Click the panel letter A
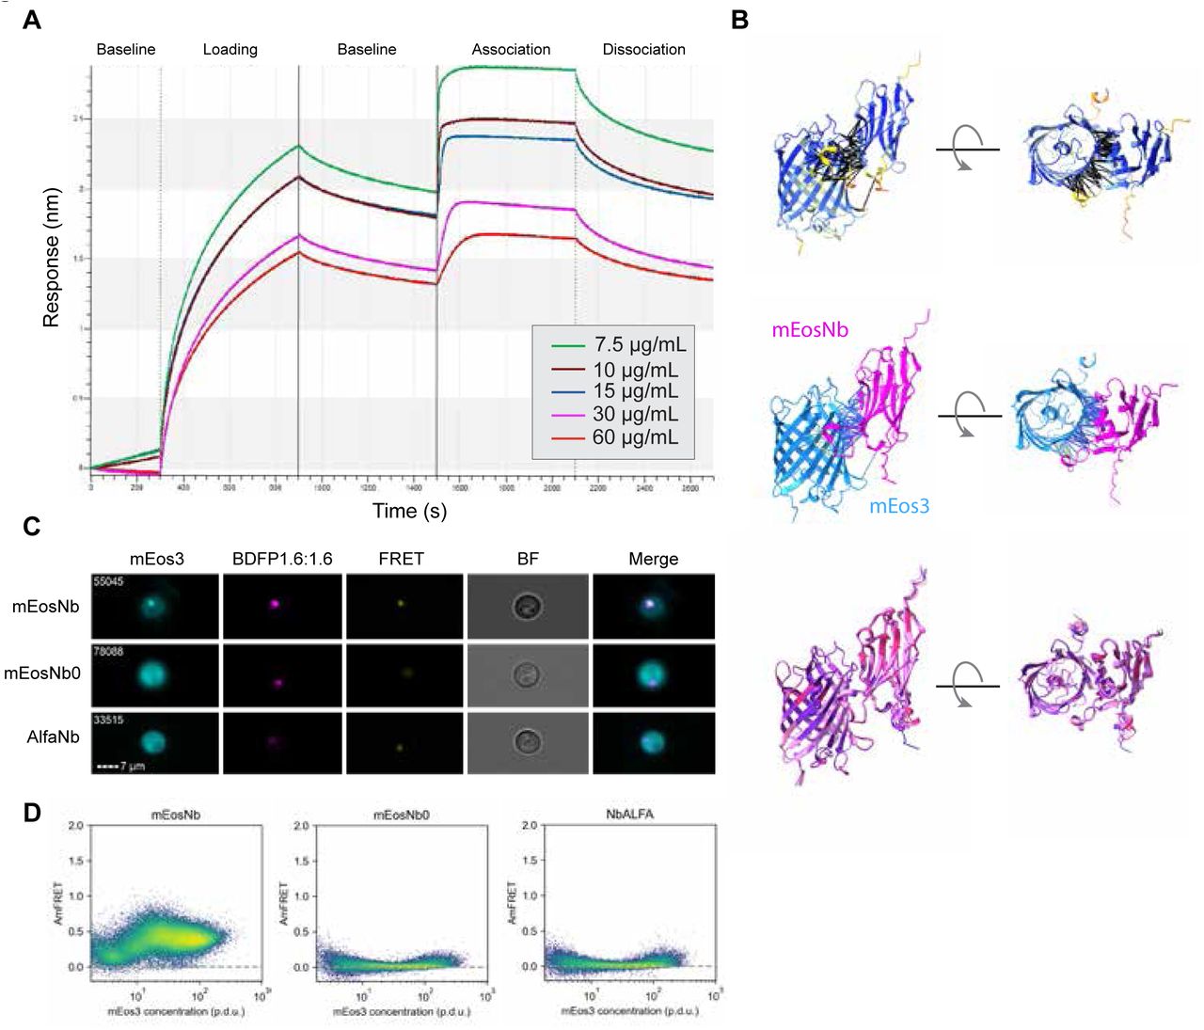point(32,20)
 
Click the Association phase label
point(511,49)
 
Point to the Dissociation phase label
point(643,49)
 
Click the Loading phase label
point(230,49)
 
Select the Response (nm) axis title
point(51,258)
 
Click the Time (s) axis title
point(409,511)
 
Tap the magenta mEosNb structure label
point(810,329)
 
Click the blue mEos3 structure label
point(898,506)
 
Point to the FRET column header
point(401,559)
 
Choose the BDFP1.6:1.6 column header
point(282,559)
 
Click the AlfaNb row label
point(53,737)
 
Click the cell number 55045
point(108,581)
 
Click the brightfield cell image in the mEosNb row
point(528,606)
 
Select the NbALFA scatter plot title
point(629,814)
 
